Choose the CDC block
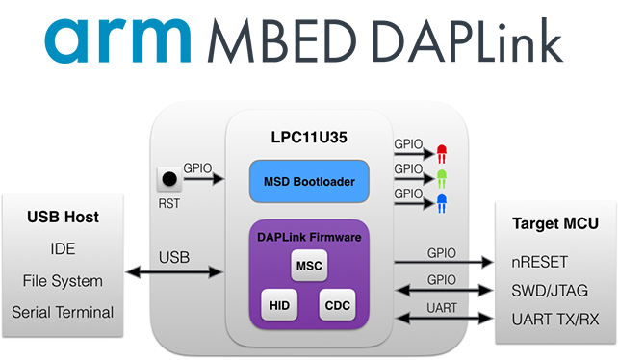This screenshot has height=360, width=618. pos(337,305)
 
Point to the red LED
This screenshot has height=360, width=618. pos(442,152)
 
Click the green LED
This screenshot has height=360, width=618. pos(442,178)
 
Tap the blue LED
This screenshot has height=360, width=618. pos(442,203)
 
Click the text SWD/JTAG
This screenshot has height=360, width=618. pos(550,289)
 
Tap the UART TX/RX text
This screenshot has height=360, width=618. pos(553,317)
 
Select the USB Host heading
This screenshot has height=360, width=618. pos(63,218)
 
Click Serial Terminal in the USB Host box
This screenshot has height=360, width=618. pos(63,312)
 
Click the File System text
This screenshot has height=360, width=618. pos(63,280)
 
